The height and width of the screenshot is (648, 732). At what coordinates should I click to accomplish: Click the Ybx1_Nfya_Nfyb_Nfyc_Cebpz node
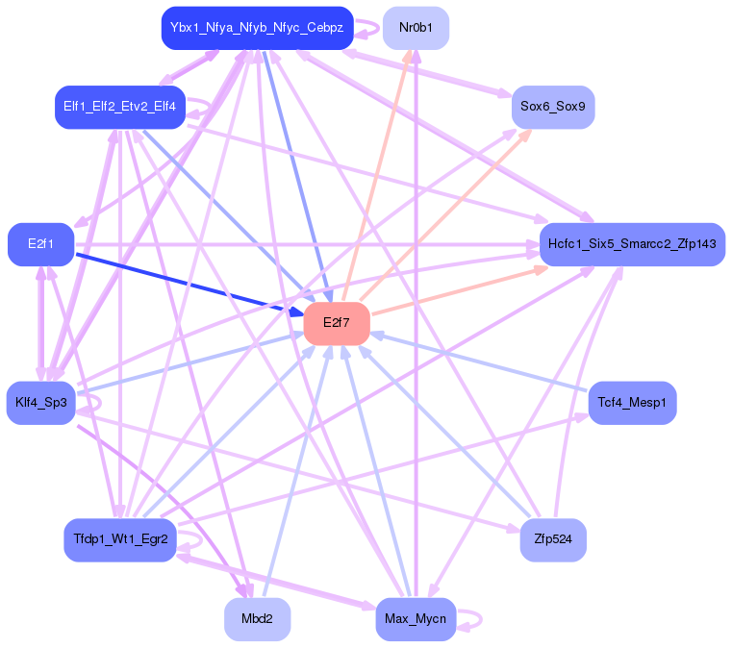[x=257, y=28]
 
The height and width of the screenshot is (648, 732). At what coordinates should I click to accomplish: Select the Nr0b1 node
[x=416, y=28]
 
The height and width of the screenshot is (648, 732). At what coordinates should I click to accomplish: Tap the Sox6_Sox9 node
[x=552, y=106]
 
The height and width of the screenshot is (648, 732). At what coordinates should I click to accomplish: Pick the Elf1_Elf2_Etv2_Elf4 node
[x=119, y=106]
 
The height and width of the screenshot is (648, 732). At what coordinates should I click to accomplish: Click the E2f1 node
[x=40, y=244]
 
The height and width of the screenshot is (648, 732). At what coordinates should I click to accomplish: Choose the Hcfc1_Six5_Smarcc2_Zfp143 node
[x=631, y=244]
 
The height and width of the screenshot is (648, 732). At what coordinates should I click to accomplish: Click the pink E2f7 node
[x=337, y=322]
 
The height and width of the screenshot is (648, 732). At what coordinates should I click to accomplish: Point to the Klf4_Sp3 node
[x=40, y=402]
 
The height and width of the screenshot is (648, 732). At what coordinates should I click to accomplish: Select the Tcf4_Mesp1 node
[x=631, y=402]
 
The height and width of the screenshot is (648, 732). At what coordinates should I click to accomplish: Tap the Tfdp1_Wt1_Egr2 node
[x=119, y=539]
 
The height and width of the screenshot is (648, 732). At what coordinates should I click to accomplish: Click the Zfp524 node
[x=552, y=539]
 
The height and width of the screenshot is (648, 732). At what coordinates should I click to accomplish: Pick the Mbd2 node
[x=257, y=619]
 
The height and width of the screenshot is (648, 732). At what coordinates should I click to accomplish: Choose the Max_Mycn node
[x=416, y=619]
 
